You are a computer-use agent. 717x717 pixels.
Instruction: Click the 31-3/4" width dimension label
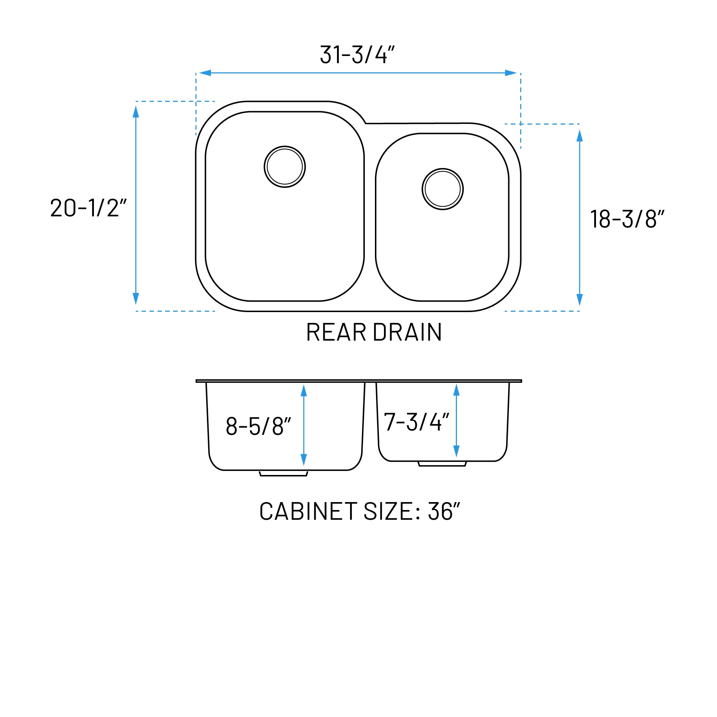click(357, 55)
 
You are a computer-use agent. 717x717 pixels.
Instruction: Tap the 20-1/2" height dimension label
click(88, 208)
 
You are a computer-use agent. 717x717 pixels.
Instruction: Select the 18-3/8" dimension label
click(626, 219)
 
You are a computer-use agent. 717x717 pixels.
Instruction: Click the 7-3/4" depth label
click(416, 422)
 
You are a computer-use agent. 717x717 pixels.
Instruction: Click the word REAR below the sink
click(336, 332)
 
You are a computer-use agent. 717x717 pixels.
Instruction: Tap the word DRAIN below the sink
click(407, 332)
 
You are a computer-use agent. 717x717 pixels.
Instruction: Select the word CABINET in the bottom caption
click(308, 511)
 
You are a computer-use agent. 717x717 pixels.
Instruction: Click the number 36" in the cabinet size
click(444, 511)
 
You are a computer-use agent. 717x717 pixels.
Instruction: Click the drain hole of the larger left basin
click(285, 167)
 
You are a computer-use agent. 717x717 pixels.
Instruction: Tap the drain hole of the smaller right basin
click(442, 189)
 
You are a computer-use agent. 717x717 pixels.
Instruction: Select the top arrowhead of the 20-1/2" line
click(136, 112)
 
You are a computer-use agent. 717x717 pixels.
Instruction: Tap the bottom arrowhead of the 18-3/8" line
click(579, 299)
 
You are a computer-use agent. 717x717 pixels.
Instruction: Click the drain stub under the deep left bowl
click(284, 474)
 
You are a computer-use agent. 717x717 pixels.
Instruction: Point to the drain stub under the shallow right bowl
click(442, 464)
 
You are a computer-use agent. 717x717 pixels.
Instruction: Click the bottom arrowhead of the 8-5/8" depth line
click(303, 459)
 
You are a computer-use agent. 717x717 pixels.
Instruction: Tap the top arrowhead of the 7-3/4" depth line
click(457, 390)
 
